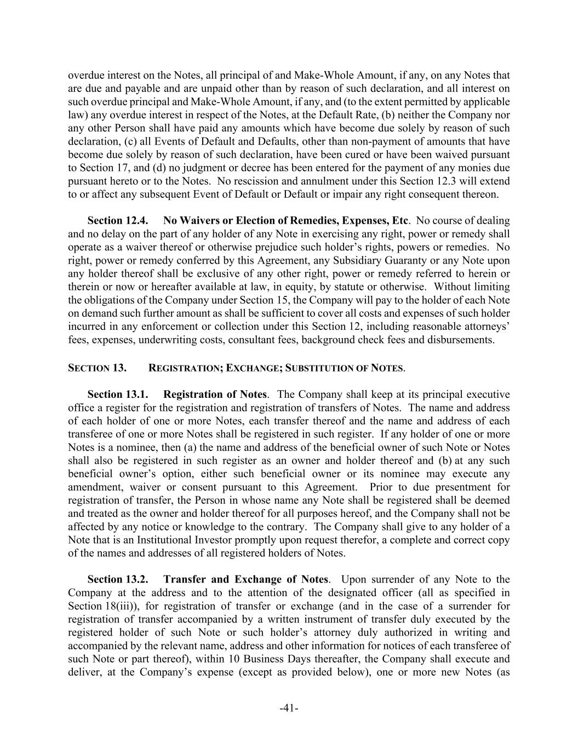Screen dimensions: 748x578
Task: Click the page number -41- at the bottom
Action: click(289, 709)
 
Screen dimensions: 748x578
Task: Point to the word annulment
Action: click(158, 181)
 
